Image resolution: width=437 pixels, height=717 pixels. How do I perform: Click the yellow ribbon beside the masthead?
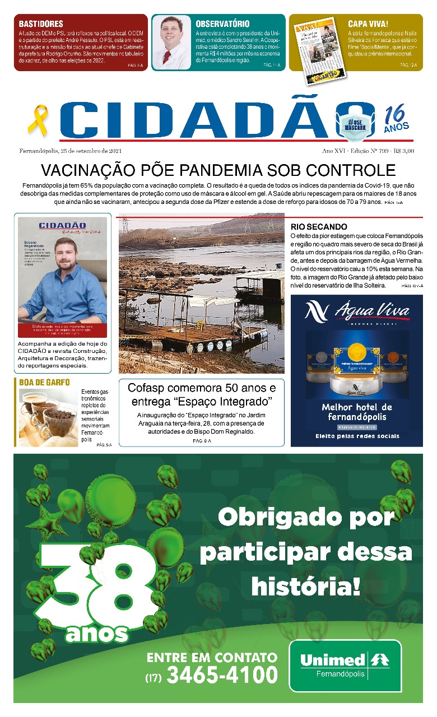click(38, 119)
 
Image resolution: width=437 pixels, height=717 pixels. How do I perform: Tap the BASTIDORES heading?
click(40, 24)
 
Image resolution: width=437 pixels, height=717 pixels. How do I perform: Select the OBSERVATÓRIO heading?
click(222, 24)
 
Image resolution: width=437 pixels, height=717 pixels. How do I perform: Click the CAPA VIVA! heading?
click(368, 24)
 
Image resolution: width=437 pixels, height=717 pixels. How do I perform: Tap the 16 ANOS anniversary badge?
click(396, 119)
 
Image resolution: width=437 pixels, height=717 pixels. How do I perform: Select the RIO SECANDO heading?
click(319, 227)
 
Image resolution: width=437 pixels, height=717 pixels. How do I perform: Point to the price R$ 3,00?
click(403, 151)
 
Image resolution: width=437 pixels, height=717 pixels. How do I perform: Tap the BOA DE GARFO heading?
click(44, 382)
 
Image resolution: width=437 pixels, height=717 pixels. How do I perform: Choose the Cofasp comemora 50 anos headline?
click(201, 394)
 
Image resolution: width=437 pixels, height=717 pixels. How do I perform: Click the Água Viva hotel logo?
click(357, 312)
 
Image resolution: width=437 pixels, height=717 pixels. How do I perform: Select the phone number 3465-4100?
click(222, 676)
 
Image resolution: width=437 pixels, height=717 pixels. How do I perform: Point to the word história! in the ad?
click(306, 586)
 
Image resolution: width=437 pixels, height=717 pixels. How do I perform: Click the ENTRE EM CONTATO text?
click(212, 657)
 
